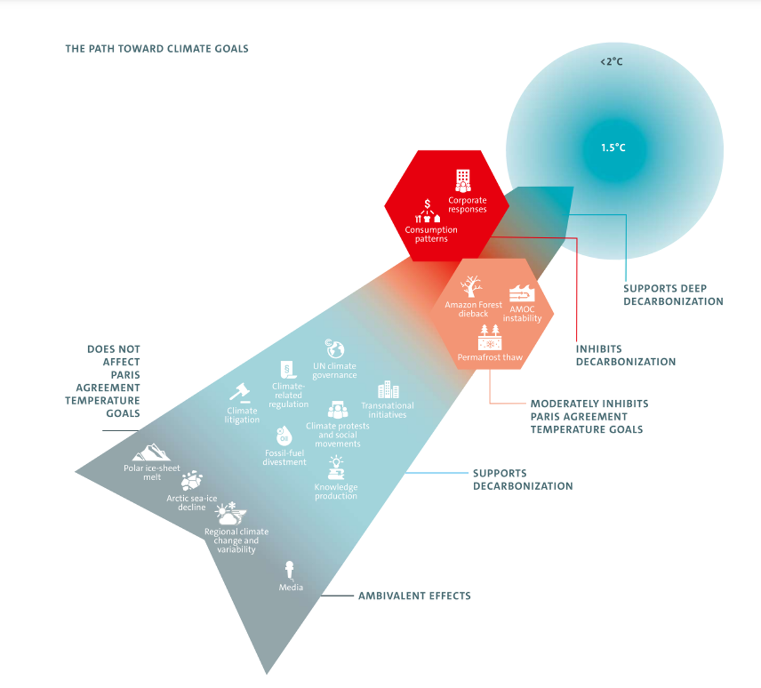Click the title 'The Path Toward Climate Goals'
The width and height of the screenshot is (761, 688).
(x=157, y=49)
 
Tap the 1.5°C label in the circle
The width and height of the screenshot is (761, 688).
(x=613, y=148)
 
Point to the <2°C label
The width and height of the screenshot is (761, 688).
(x=611, y=62)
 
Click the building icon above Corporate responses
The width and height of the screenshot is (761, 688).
(x=464, y=181)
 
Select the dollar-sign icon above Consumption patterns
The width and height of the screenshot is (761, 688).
(x=427, y=204)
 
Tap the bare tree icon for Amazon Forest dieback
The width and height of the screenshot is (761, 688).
(x=471, y=287)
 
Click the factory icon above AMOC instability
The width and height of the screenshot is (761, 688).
(x=522, y=293)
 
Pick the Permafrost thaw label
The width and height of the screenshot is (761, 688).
(x=490, y=357)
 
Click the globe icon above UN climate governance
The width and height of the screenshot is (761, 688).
(x=335, y=349)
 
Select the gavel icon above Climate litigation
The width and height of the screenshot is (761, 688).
(x=240, y=393)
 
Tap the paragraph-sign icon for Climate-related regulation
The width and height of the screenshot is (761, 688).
(x=288, y=370)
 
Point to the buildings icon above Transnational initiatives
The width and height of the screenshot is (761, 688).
(x=387, y=390)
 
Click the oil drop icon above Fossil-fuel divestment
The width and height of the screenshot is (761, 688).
(x=284, y=436)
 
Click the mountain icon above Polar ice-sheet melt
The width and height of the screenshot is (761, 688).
(x=152, y=453)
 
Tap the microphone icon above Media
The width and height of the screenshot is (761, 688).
(x=290, y=569)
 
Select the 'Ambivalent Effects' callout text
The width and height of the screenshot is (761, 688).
(x=414, y=596)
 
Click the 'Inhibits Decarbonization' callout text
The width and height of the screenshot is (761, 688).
(x=625, y=356)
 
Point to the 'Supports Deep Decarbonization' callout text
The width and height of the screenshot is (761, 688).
(x=673, y=295)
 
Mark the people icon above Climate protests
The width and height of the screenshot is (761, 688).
(x=337, y=410)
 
